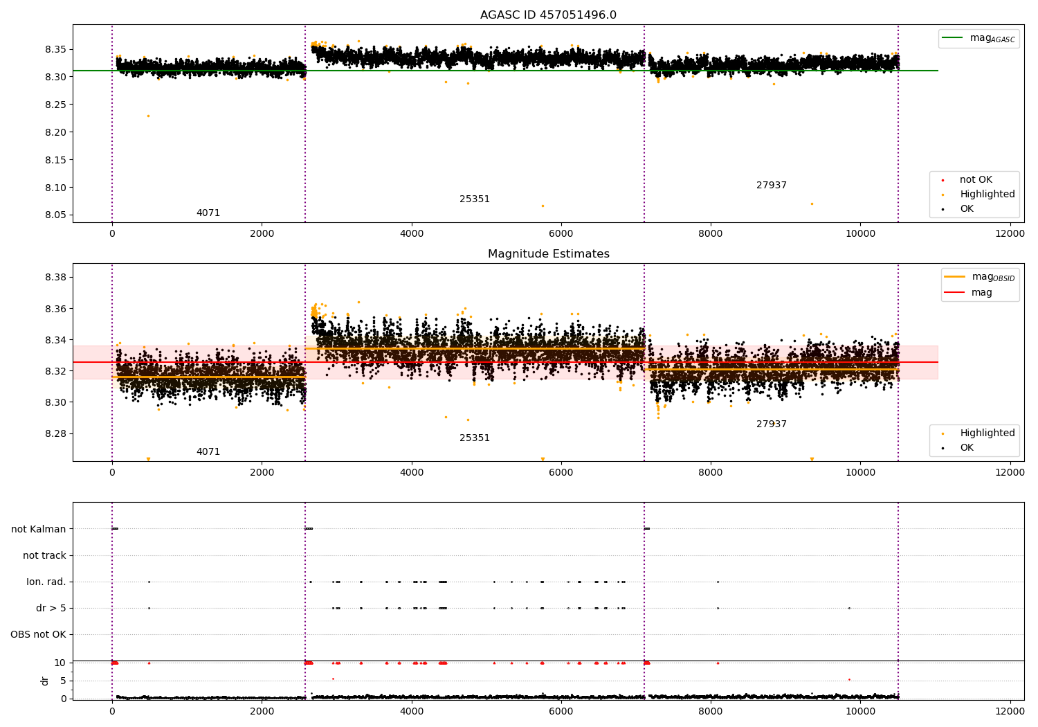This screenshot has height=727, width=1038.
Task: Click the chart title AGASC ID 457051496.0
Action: [548, 15]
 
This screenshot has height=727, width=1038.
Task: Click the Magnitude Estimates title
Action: [548, 254]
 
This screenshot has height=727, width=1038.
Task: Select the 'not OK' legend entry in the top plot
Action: [975, 180]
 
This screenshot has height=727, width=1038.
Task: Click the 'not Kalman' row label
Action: [39, 529]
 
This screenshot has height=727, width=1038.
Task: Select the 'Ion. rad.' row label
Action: [46, 582]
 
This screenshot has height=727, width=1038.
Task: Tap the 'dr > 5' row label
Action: [51, 609]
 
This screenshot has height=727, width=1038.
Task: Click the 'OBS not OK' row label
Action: [39, 635]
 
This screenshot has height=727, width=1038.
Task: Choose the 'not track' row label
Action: [44, 556]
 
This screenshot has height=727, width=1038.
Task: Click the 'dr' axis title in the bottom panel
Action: [45, 681]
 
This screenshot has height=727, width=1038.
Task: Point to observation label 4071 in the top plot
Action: [208, 213]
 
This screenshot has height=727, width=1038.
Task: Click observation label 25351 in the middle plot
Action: [475, 438]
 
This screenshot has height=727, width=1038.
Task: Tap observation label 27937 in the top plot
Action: [771, 186]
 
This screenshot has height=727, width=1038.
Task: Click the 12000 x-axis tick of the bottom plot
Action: [1010, 711]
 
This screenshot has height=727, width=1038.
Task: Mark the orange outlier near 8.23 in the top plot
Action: [148, 116]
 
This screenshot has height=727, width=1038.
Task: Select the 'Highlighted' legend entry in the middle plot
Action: [987, 433]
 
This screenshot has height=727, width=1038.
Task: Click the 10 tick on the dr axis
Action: [60, 663]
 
